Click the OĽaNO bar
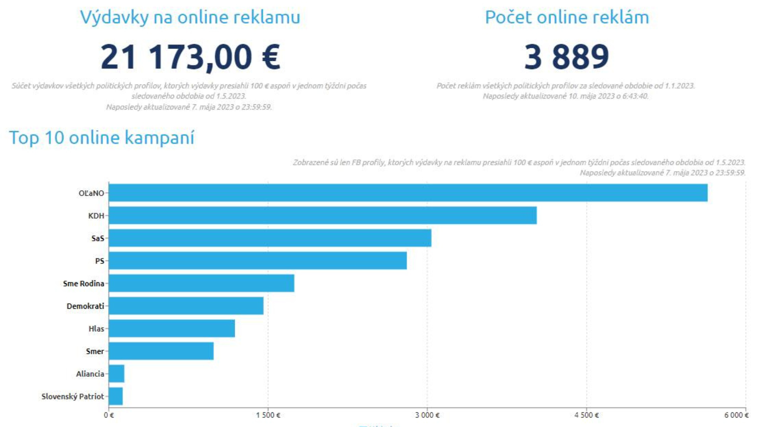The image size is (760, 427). click(x=408, y=193)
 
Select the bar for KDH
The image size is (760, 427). click(x=323, y=215)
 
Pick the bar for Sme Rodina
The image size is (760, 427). click(x=201, y=283)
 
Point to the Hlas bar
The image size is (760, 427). click(x=172, y=329)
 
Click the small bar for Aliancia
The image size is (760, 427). click(x=116, y=374)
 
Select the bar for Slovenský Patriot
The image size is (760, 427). click(x=116, y=396)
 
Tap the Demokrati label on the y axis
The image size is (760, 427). click(x=85, y=306)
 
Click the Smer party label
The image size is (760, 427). click(x=95, y=351)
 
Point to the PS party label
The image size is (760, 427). click(x=99, y=261)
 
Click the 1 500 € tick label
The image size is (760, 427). click(x=268, y=415)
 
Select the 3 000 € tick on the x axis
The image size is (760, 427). click(x=427, y=415)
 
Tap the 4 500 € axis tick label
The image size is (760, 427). click(x=587, y=415)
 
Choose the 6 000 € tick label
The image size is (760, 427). click(x=736, y=415)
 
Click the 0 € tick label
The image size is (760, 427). click(x=109, y=415)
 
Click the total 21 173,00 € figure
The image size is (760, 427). click(x=190, y=57)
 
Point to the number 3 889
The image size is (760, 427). click(x=566, y=57)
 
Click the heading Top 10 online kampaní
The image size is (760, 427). click(x=102, y=138)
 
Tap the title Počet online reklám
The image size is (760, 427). click(x=567, y=17)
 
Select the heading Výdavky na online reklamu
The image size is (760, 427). click(x=190, y=17)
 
